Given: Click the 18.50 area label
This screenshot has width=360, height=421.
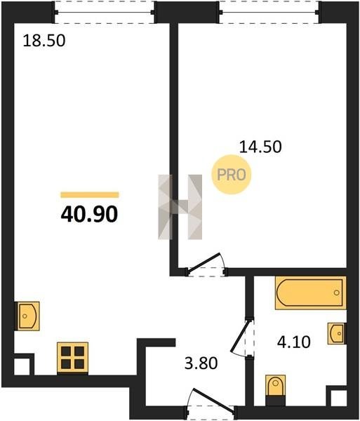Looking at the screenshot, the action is (44, 41).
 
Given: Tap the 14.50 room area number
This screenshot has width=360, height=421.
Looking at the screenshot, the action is (260, 147).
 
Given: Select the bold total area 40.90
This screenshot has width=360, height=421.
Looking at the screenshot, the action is (89, 214).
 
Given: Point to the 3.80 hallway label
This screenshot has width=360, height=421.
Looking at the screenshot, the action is (201, 363).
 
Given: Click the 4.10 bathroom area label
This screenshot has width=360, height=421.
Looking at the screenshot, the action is (294, 342).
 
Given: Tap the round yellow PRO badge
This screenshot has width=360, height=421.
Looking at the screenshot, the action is (232, 175).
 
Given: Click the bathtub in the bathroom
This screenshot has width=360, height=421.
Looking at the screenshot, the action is (310, 293).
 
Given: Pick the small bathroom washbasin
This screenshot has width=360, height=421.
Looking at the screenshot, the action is (337, 333).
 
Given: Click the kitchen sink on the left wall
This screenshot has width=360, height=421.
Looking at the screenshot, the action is (27, 316).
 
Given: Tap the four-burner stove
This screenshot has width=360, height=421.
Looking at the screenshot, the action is (72, 358).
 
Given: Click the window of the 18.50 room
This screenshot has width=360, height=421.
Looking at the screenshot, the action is (105, 13).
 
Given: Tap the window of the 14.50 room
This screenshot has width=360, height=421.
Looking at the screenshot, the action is (269, 13).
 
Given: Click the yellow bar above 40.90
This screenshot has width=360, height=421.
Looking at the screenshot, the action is (90, 195).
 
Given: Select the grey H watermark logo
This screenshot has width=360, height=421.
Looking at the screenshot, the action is (180, 207).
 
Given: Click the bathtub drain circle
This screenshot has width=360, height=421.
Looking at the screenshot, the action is (336, 293).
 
